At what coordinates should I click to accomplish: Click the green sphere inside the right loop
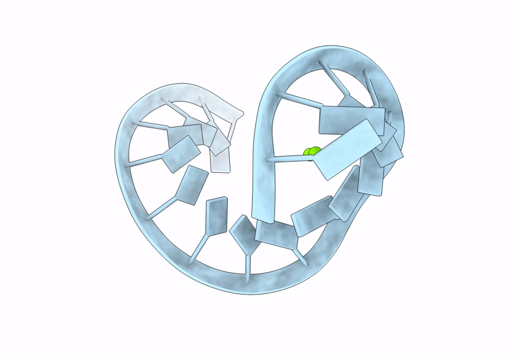pos(311,152)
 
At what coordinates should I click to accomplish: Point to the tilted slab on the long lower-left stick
pos(192,186)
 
